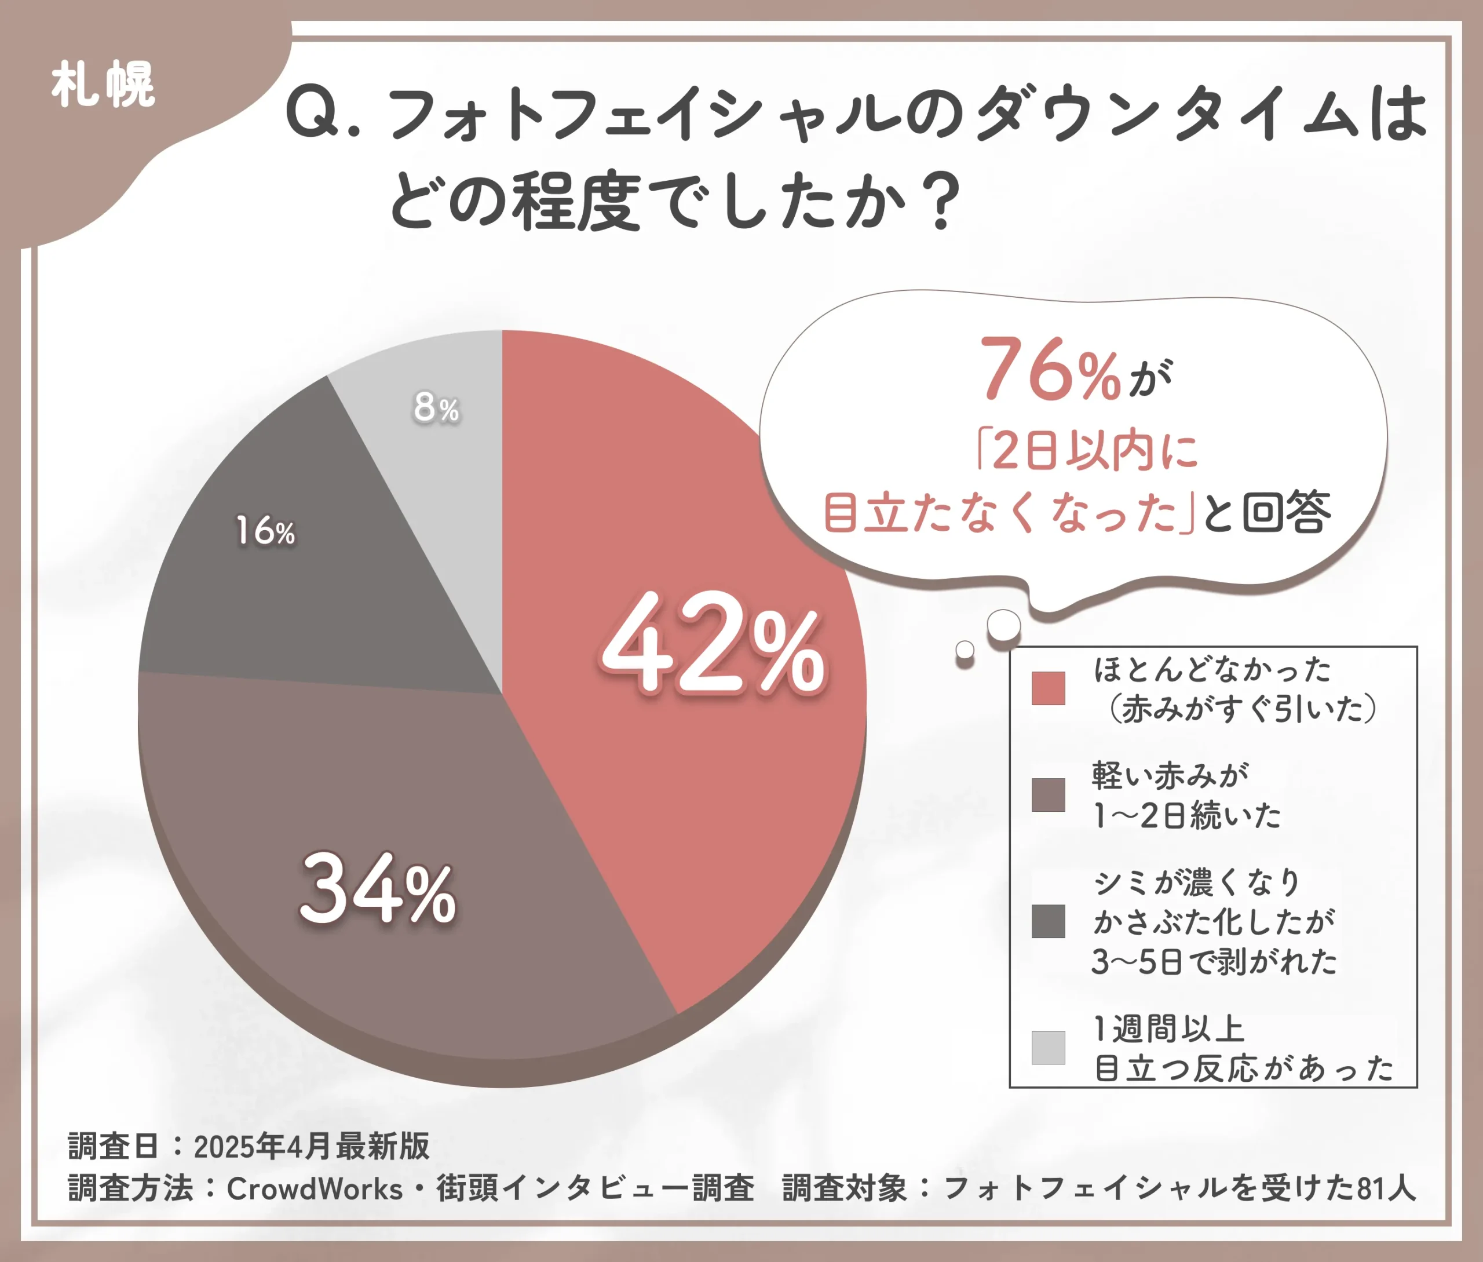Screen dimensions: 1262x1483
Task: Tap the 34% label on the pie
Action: tap(377, 890)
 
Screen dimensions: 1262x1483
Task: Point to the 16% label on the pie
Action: tap(265, 531)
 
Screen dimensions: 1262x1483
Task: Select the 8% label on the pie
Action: tap(436, 408)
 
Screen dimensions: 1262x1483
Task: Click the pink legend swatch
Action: tap(1048, 688)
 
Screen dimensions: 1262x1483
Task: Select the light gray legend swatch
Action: tap(1048, 1048)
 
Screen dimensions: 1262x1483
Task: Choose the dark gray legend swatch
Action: tap(1048, 921)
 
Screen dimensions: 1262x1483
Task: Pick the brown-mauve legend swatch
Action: tap(1048, 795)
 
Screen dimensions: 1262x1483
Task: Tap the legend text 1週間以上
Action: tap(1170, 1028)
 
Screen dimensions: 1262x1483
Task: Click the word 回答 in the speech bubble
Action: tap(1287, 512)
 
